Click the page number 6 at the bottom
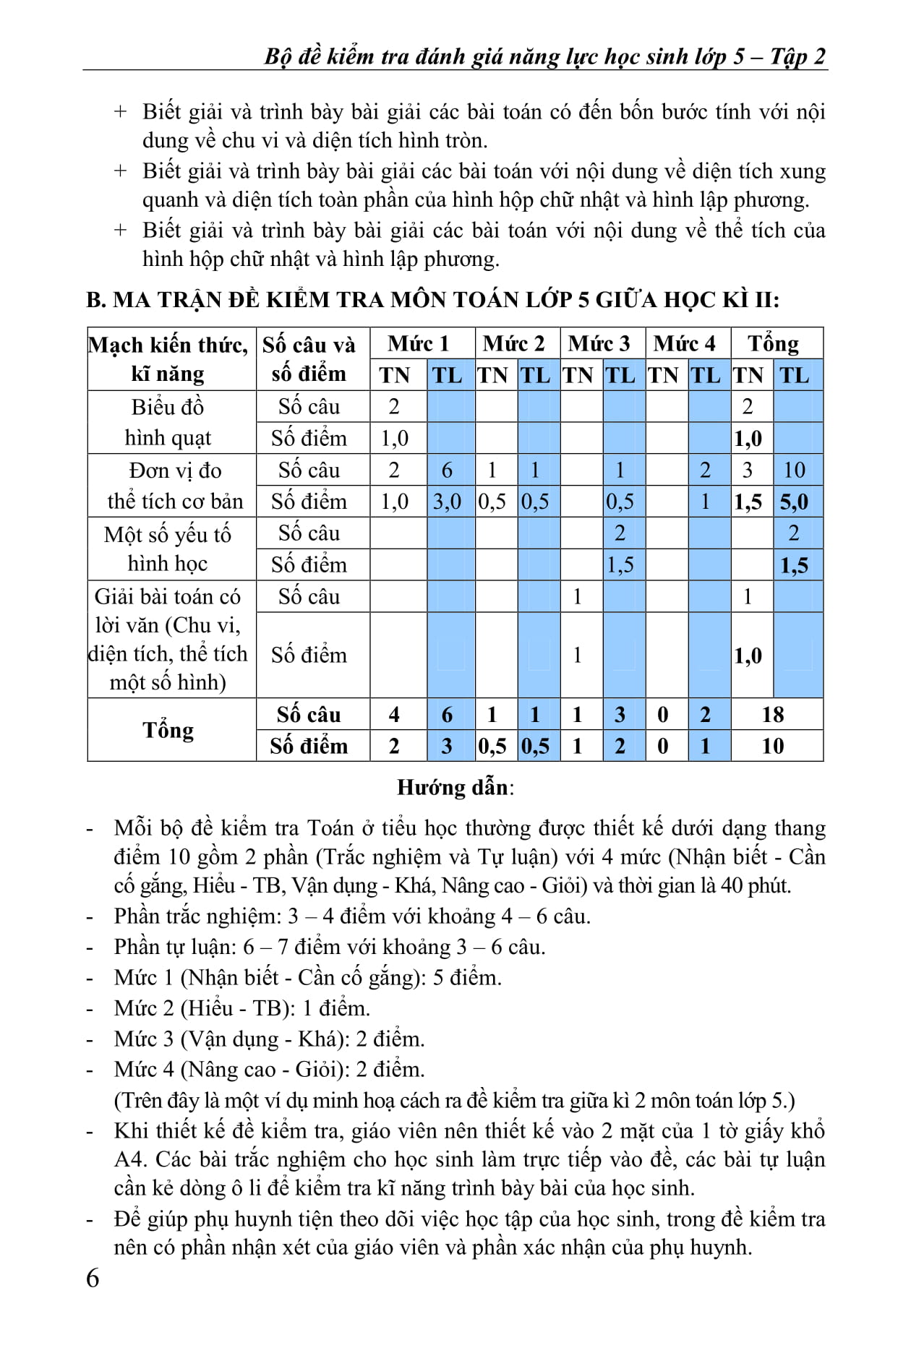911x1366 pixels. (93, 1278)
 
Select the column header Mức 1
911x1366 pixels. (418, 343)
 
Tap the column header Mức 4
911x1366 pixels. (684, 343)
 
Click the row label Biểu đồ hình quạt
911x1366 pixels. (168, 422)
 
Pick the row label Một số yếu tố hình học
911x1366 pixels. (168, 549)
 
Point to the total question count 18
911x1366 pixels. (772, 714)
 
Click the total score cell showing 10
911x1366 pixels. (772, 746)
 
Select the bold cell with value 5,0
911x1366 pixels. (794, 502)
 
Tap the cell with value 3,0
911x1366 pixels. (447, 502)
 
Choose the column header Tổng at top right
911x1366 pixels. (773, 343)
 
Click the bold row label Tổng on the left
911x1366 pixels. (168, 730)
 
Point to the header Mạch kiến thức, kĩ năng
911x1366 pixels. (168, 358)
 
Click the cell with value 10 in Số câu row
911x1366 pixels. (794, 470)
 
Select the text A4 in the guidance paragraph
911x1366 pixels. (129, 1159)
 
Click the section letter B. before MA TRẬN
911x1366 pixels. (95, 299)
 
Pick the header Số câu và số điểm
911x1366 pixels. (309, 358)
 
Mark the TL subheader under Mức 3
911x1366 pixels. (620, 375)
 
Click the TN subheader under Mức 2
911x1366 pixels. (492, 375)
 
